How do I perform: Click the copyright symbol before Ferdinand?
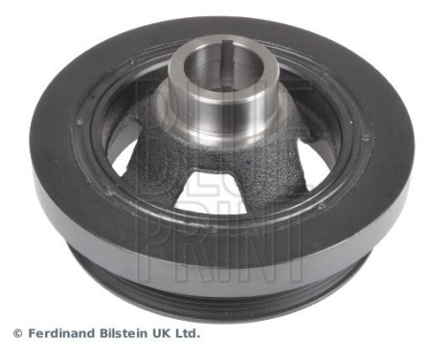(x=16, y=334)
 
